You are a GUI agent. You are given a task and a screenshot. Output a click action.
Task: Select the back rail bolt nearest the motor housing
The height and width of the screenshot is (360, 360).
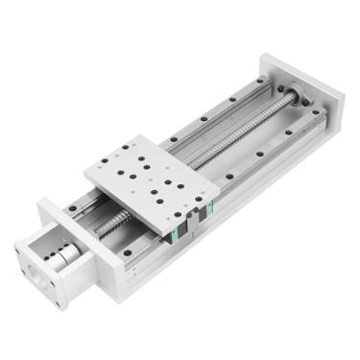[73, 205]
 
